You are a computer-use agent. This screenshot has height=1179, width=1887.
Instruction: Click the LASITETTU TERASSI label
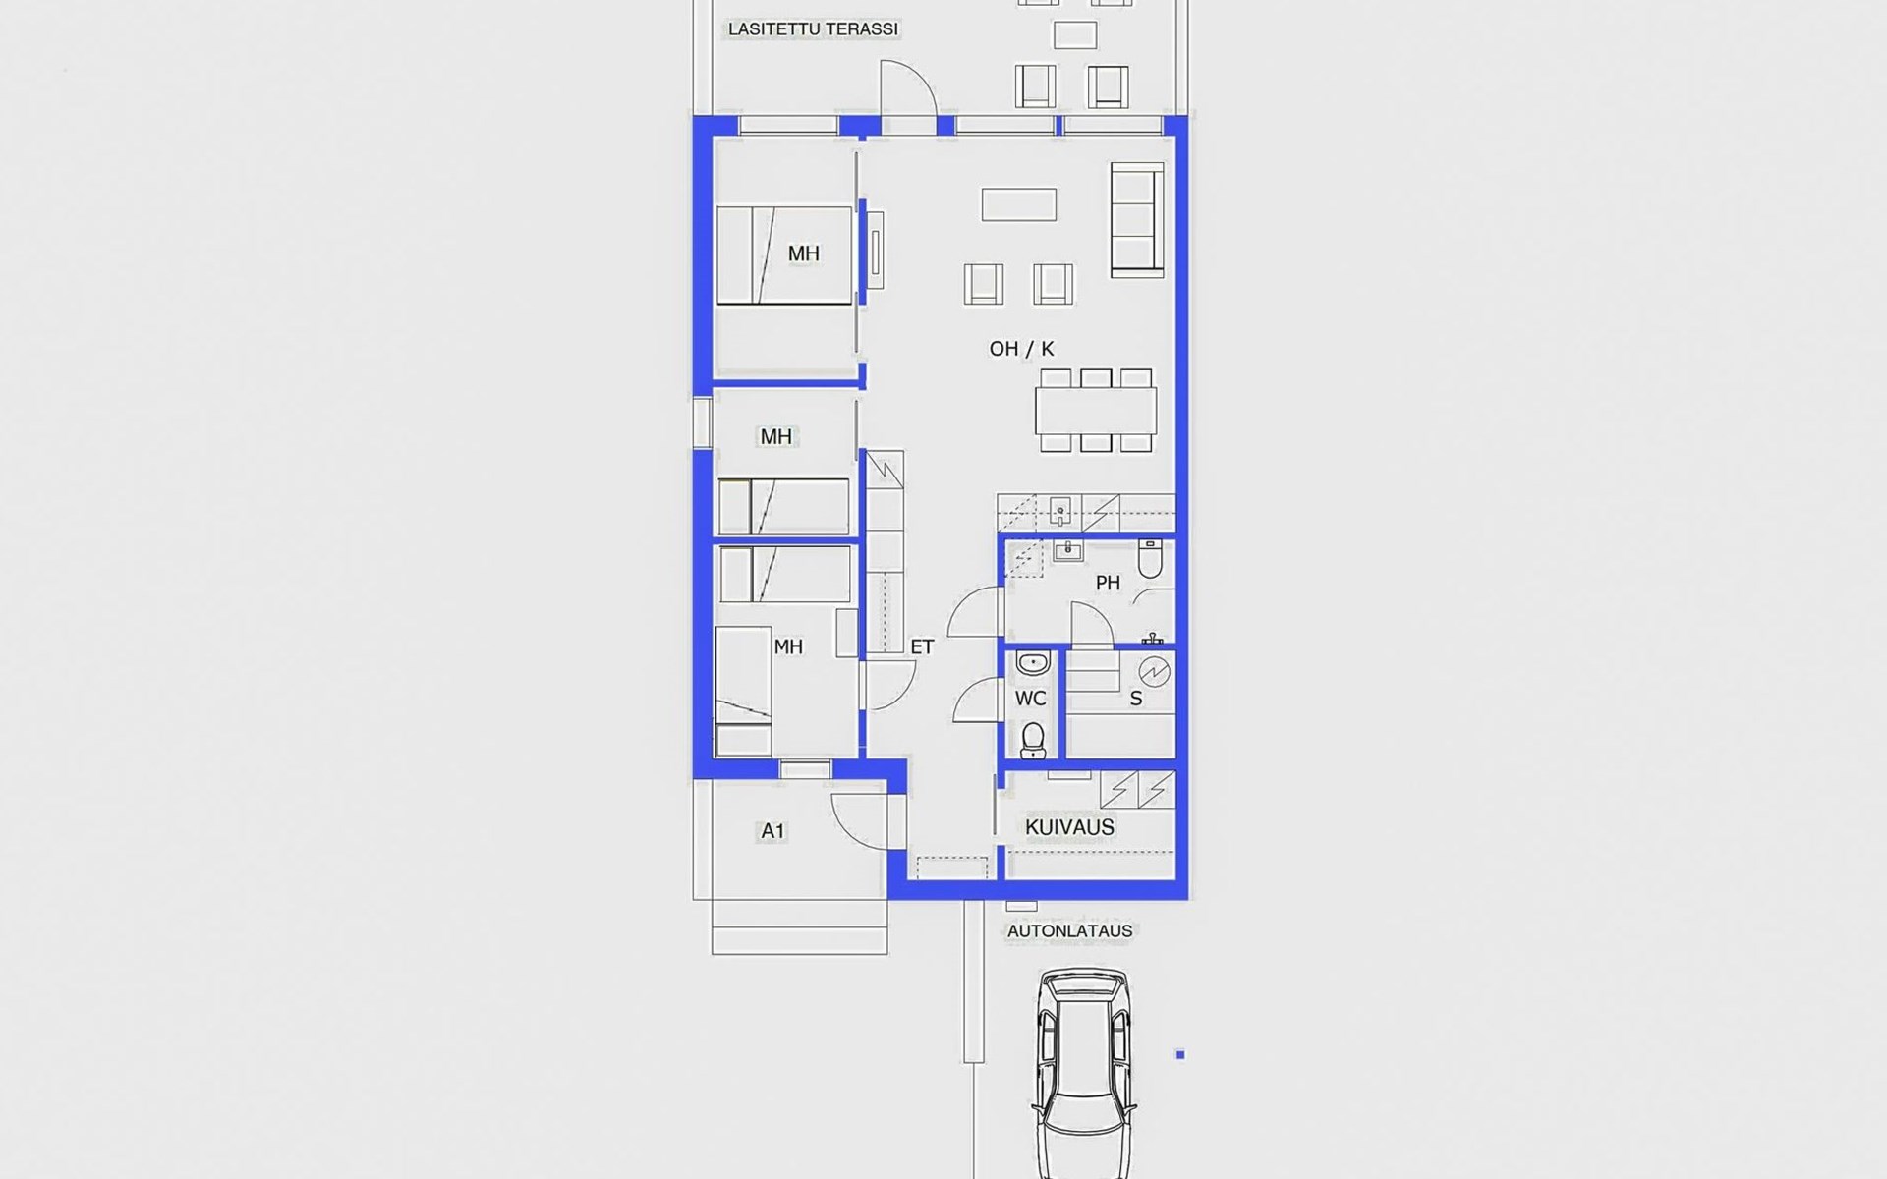(813, 29)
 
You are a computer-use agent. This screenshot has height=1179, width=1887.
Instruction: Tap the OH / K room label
(1021, 349)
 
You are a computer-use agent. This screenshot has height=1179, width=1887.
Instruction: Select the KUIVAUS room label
(1069, 827)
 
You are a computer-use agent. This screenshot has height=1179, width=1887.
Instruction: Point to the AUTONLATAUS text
(1069, 930)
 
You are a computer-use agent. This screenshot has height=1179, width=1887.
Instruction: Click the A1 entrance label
(772, 831)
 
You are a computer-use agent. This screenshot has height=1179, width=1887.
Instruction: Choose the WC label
(1030, 699)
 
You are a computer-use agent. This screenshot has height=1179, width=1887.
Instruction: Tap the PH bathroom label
(1108, 583)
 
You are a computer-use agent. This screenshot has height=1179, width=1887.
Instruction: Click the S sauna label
(1136, 699)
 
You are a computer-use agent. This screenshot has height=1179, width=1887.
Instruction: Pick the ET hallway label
(922, 646)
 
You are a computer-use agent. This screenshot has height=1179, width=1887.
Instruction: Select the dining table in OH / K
(1096, 411)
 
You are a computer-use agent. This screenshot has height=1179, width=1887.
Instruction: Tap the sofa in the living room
(1138, 219)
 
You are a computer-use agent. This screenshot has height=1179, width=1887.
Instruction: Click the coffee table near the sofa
(1019, 204)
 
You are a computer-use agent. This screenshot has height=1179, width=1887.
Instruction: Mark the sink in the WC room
(1033, 664)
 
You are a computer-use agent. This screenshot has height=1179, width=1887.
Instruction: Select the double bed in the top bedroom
(784, 255)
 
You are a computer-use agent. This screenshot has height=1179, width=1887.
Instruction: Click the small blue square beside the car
(1180, 1055)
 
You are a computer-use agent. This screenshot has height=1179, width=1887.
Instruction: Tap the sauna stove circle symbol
(1154, 672)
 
